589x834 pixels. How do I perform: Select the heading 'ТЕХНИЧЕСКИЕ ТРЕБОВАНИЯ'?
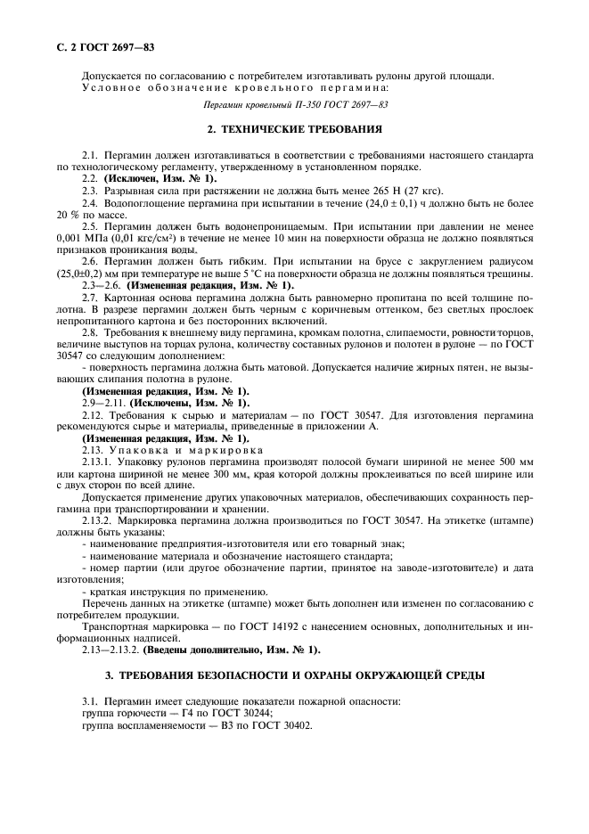pyautogui.click(x=300, y=130)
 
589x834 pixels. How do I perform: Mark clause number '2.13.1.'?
pyautogui.click(x=98, y=463)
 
